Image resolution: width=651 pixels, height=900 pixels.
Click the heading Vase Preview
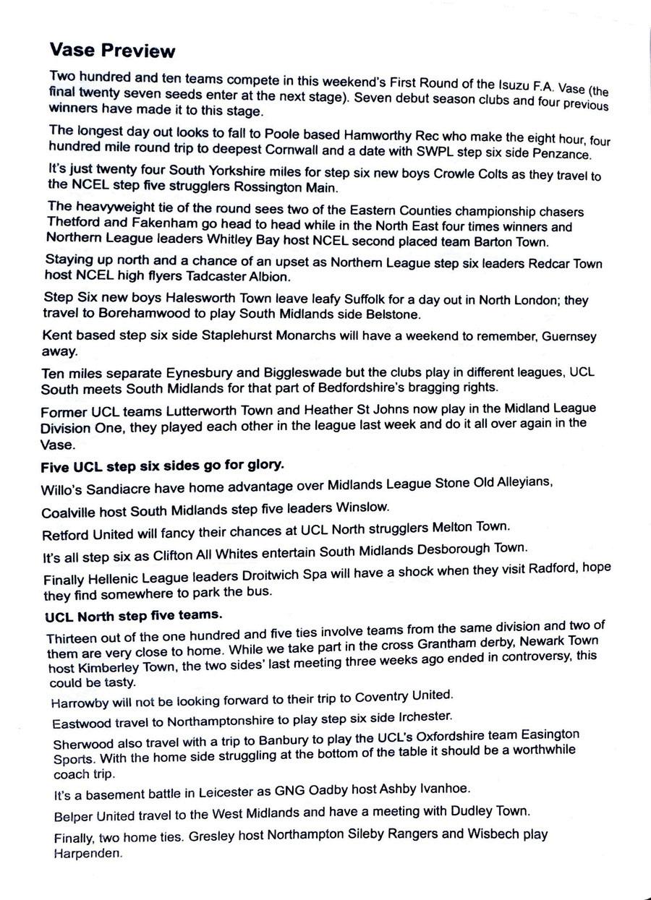[112, 51]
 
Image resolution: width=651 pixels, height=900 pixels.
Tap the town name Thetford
[75, 223]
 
